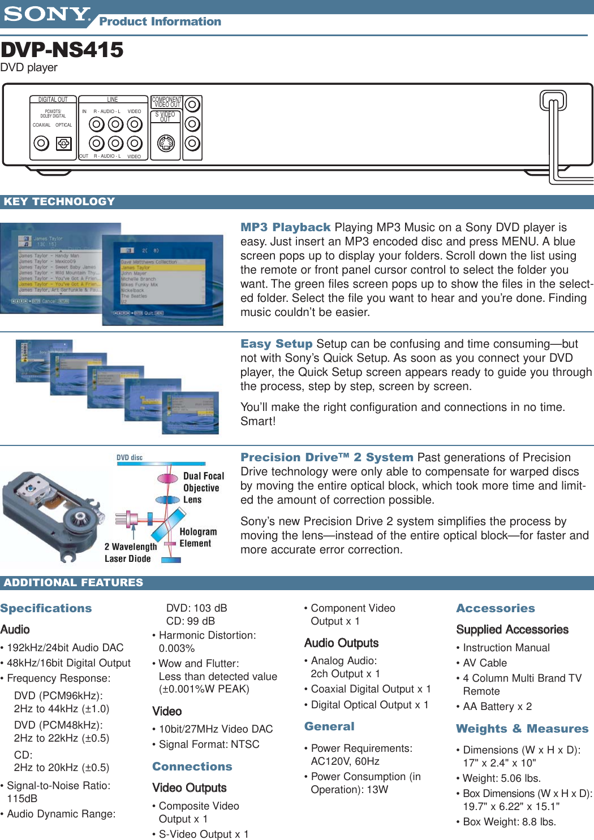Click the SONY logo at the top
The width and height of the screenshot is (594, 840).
pos(46,14)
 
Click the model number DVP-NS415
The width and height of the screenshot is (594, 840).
pos(62,50)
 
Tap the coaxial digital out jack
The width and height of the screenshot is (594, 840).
pos(41,144)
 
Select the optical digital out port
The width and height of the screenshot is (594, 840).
pos(64,144)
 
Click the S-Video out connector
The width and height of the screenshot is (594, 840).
pos(166,144)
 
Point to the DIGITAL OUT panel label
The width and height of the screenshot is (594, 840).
pos(53,99)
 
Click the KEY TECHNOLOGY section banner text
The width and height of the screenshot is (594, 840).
pos(59,202)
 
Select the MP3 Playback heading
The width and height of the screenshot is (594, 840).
pos(285,227)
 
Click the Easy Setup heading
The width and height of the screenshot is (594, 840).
pos(276,344)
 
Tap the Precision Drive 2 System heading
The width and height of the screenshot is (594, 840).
pos(326,457)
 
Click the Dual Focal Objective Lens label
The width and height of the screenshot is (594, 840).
pos(203,488)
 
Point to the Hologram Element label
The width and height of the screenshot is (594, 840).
pos(197,538)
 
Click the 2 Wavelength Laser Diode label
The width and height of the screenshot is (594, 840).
pos(130,553)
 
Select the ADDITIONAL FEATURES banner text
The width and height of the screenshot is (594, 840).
pos(74,583)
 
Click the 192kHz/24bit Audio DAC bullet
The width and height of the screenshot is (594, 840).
pos(64,648)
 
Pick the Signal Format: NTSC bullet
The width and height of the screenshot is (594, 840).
pos(208,744)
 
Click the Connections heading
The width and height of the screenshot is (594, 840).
pos(192,767)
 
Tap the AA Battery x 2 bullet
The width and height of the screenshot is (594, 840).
pos(497,707)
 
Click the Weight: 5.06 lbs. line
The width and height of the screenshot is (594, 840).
pos(501,778)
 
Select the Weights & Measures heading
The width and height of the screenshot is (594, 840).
pos(522,729)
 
